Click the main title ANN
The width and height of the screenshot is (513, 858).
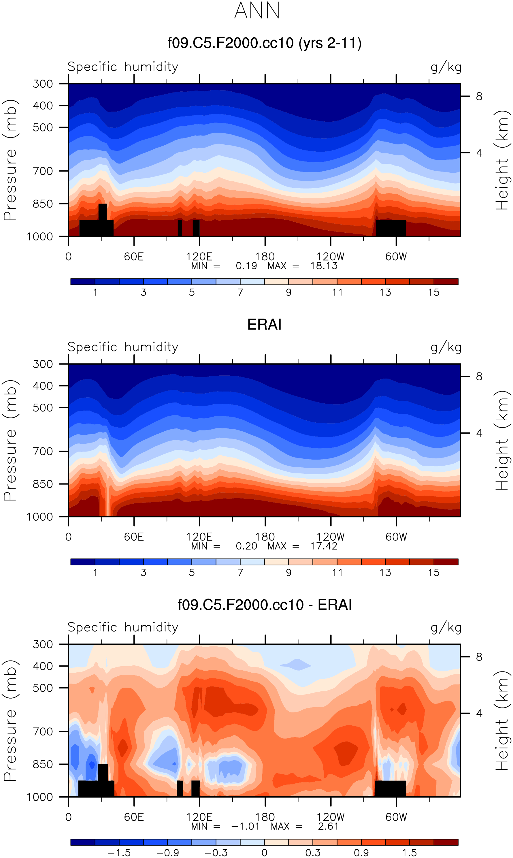tap(257, 11)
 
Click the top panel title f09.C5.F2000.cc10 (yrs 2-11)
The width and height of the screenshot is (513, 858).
tap(265, 43)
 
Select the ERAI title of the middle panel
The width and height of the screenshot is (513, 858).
tap(265, 325)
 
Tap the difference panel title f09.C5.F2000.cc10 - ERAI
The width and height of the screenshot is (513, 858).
tap(265, 605)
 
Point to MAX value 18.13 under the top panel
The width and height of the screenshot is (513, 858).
tap(324, 266)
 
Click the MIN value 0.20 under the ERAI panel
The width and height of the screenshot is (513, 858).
tap(246, 546)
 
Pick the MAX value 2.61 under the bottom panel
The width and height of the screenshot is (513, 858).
tap(328, 826)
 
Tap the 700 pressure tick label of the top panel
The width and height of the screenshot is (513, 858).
tap(43, 171)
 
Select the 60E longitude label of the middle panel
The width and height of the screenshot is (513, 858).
tap(134, 537)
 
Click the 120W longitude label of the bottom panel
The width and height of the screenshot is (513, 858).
tap(331, 817)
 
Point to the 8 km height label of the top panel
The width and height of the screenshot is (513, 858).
tap(479, 97)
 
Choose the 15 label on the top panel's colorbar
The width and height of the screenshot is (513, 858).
tap(433, 293)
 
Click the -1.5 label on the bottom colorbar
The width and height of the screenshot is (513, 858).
tap(119, 853)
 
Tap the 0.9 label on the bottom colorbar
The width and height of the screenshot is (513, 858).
tap(361, 853)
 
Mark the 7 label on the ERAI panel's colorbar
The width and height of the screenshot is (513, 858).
tap(240, 573)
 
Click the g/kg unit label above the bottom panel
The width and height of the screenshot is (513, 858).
tap(446, 628)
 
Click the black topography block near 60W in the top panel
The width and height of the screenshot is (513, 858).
tap(391, 228)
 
